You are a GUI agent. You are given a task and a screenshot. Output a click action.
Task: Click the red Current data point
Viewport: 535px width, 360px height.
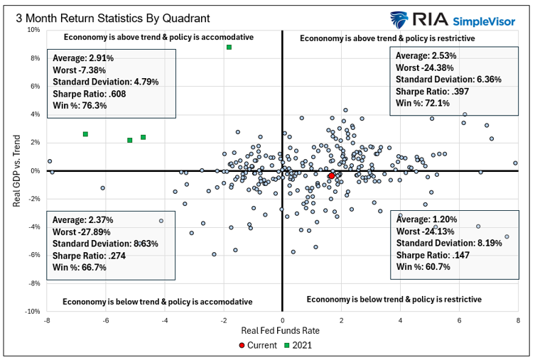331,175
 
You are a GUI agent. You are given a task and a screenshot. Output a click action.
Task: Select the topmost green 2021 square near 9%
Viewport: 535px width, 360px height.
229,48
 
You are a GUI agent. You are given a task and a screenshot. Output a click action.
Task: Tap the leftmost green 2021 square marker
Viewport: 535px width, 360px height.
85,133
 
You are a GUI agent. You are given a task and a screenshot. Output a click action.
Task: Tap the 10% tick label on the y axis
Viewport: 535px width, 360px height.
33,30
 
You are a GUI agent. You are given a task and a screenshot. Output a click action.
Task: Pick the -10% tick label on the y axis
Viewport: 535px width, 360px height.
32,311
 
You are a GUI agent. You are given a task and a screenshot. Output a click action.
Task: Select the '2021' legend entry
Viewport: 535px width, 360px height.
301,345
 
